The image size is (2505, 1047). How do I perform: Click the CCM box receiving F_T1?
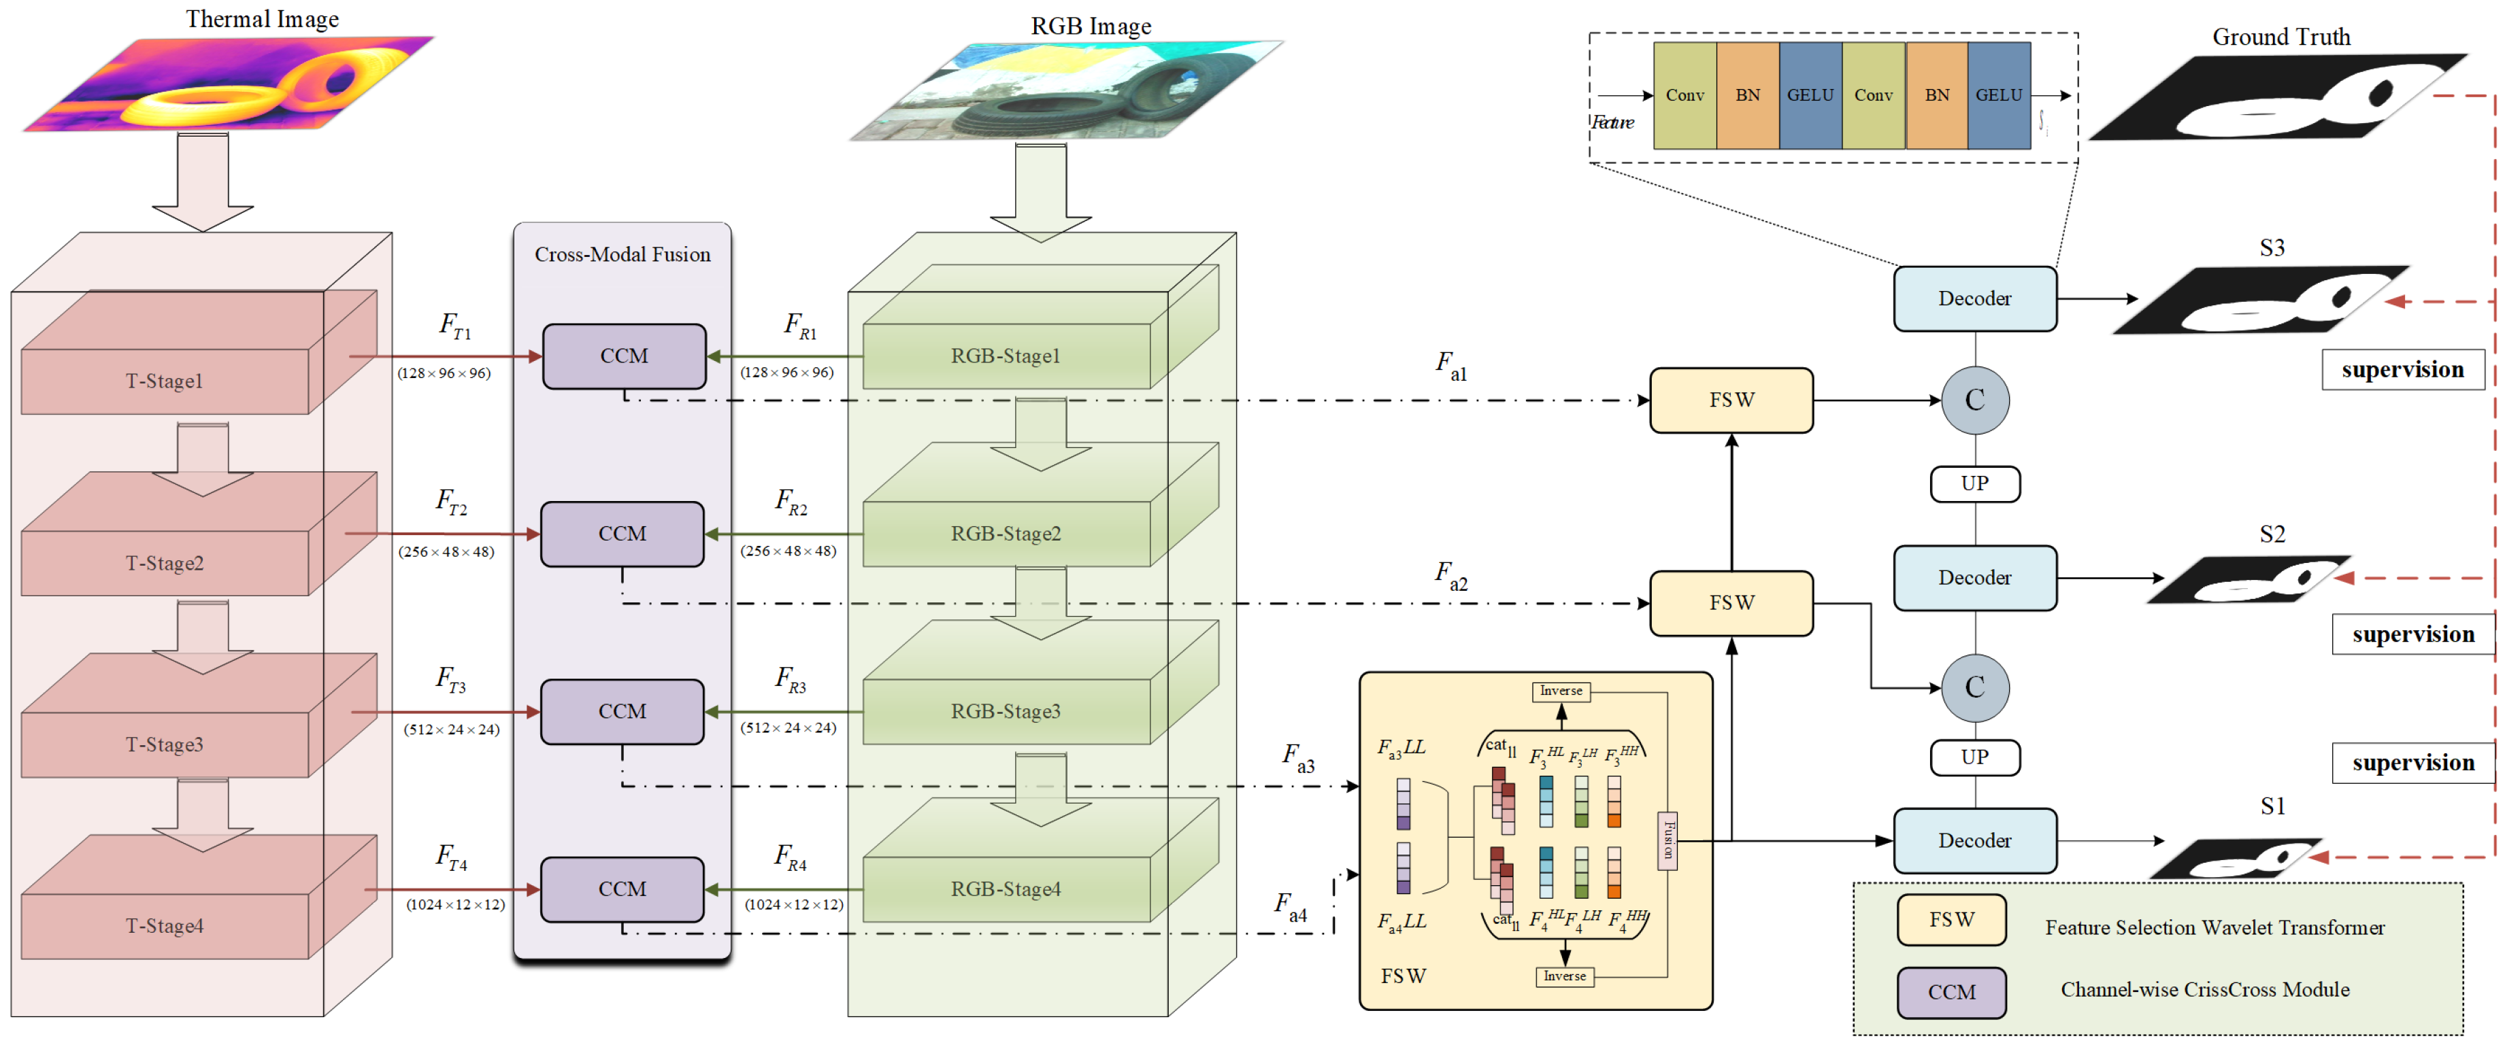click(x=623, y=356)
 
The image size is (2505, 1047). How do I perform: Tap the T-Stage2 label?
click(x=165, y=563)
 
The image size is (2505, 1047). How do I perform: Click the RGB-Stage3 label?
click(x=1005, y=710)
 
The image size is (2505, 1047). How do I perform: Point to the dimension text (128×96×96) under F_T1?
click(x=444, y=373)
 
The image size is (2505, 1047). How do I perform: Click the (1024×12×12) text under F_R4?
click(x=793, y=904)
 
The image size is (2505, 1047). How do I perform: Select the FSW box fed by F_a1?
click(x=1731, y=400)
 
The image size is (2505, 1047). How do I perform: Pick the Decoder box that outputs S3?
click(x=1974, y=298)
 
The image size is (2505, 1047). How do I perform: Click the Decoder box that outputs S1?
click(x=1974, y=840)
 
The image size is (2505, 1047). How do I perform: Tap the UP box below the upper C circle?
click(x=1974, y=483)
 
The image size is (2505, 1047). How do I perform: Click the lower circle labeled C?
click(x=1974, y=687)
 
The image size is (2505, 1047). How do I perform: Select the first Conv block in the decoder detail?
click(x=1685, y=95)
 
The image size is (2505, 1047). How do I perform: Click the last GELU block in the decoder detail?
click(x=1998, y=95)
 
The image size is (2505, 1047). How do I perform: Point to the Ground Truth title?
click(x=2280, y=37)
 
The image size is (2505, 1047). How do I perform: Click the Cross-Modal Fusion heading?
click(x=623, y=255)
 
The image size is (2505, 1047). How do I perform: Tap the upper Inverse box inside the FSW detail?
click(x=1561, y=690)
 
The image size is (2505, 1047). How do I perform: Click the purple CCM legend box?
click(x=1951, y=991)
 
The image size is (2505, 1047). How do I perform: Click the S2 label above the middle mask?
click(x=2272, y=534)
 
